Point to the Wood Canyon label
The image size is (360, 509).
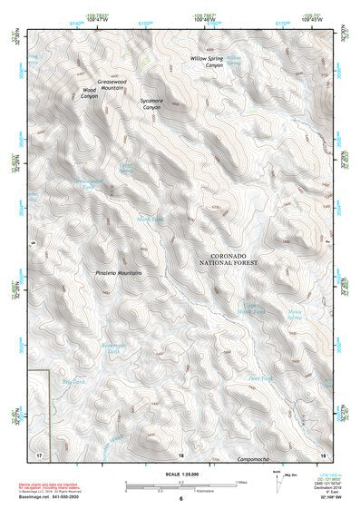[90, 93]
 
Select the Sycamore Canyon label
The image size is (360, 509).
[152, 103]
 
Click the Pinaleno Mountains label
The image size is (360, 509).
[119, 272]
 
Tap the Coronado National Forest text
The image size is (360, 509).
[229, 260]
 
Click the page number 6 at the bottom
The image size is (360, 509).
[180, 499]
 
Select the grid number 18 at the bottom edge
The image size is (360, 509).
[181, 454]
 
